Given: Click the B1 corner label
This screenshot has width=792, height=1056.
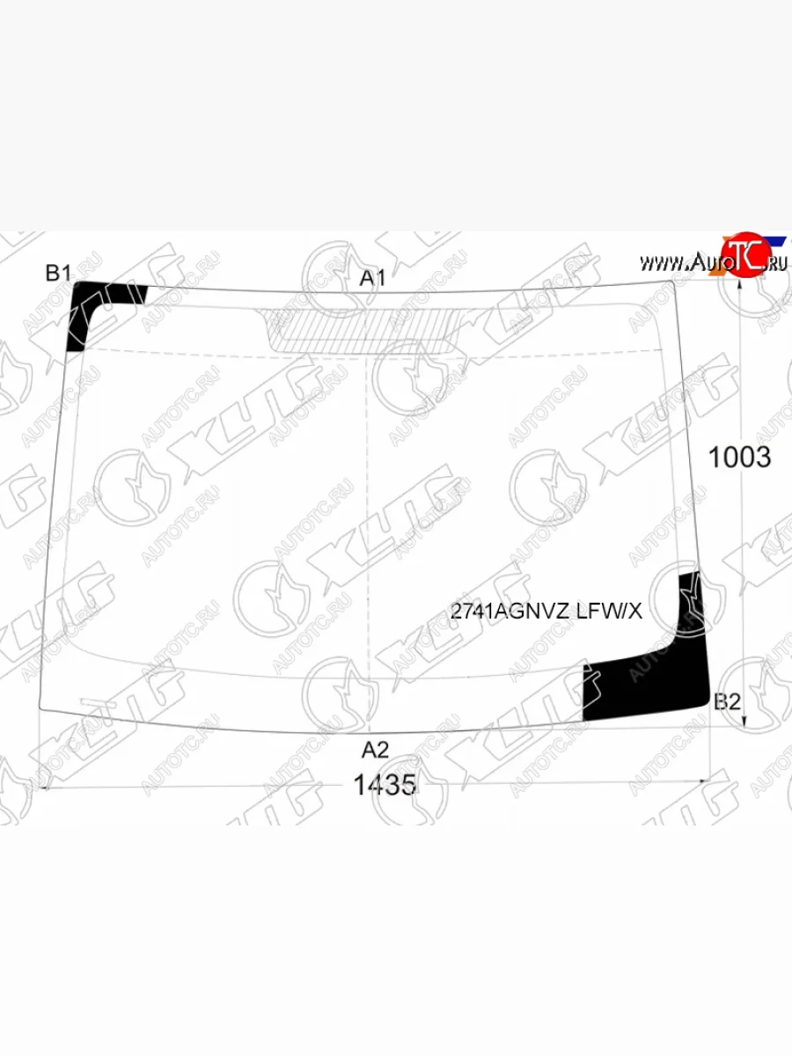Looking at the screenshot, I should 58,274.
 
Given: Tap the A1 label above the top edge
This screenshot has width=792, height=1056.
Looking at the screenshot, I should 373,278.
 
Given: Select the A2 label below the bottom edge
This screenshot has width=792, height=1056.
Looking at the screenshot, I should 376,750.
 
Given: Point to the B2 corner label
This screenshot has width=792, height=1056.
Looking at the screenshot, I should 727,701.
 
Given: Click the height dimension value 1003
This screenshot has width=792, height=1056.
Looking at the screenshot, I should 740,458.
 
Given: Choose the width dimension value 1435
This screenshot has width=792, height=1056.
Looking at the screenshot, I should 385,784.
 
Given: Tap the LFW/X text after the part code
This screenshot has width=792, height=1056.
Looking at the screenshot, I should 609,612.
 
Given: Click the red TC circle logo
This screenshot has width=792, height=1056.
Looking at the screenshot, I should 742,256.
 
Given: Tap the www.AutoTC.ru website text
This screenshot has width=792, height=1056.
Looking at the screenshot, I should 713,262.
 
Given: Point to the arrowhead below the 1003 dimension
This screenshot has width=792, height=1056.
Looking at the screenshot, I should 745,722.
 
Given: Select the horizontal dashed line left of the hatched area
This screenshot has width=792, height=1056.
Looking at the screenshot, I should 176,352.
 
